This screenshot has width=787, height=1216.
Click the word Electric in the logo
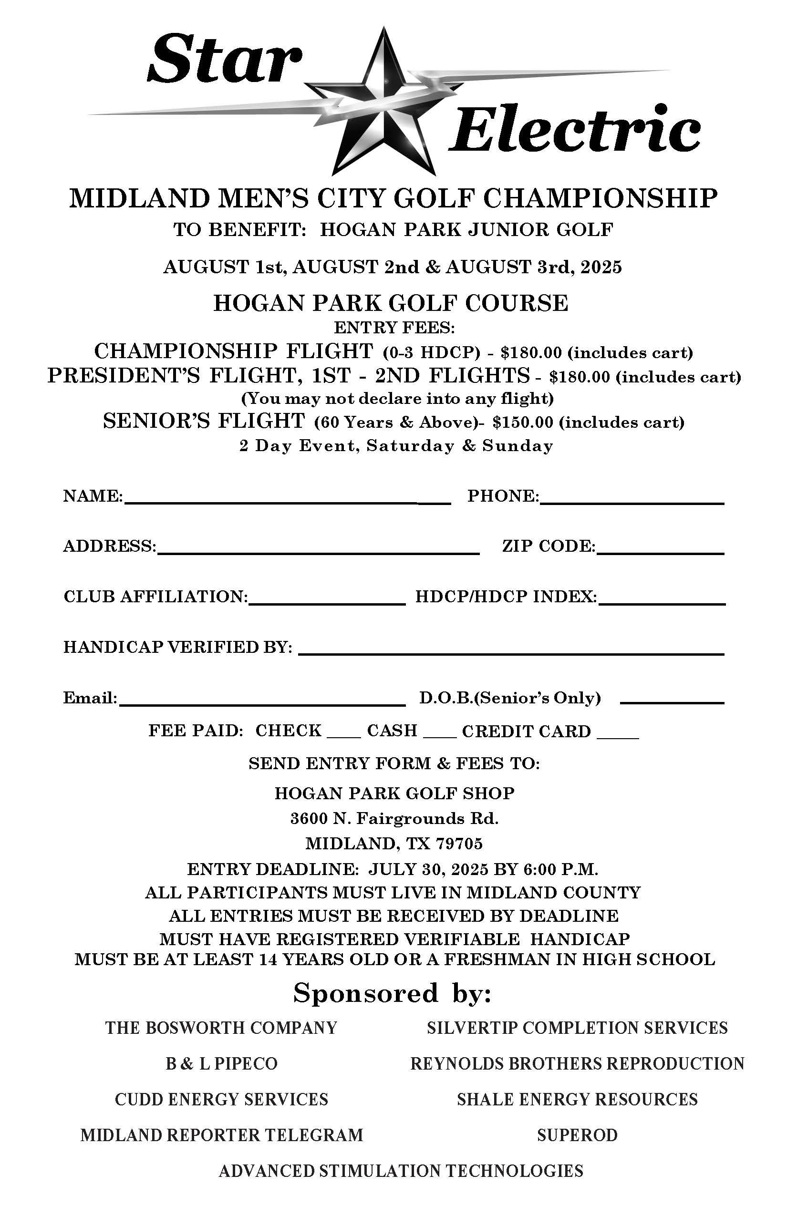(574, 129)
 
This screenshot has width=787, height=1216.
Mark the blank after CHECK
(343, 736)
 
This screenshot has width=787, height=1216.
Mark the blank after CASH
(440, 736)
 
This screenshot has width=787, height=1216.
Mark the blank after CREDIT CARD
(618, 736)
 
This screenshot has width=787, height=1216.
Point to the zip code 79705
(459, 843)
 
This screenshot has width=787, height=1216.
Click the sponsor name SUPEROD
(577, 1135)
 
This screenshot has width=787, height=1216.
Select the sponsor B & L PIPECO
(221, 1064)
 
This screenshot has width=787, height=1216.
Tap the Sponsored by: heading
(392, 994)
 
